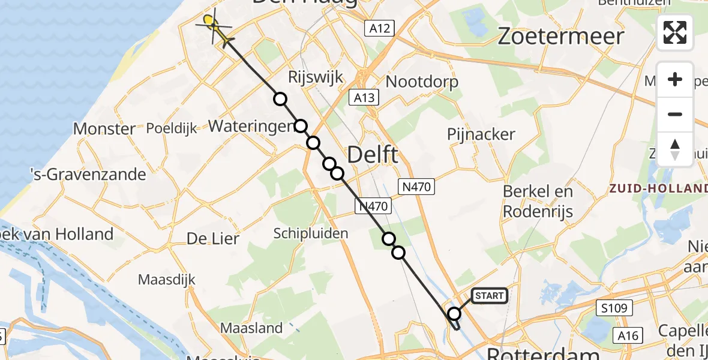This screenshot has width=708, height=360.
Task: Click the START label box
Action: point(490,295)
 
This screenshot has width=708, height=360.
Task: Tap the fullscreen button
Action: point(675,32)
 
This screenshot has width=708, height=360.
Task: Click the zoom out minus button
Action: point(675,114)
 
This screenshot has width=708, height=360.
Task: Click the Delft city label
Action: point(372,155)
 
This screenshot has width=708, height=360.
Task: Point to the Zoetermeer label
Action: point(561,37)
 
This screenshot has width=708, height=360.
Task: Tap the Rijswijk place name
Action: point(316,77)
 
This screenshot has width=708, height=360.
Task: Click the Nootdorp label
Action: point(422,82)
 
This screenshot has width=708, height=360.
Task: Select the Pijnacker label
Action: point(481,134)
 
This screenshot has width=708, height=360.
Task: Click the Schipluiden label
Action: point(311,233)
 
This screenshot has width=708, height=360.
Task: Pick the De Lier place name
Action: point(213,238)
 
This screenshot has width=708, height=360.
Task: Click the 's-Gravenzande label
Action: point(89,175)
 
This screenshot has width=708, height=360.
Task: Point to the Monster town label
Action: point(104,128)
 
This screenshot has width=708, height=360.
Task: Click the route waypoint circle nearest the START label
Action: point(454,314)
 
